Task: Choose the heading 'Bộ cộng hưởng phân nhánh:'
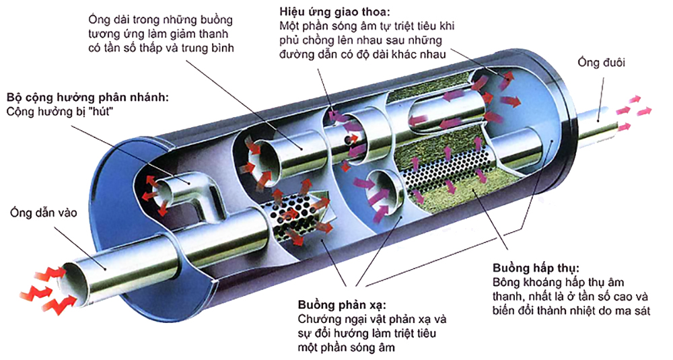coord(87,96)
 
